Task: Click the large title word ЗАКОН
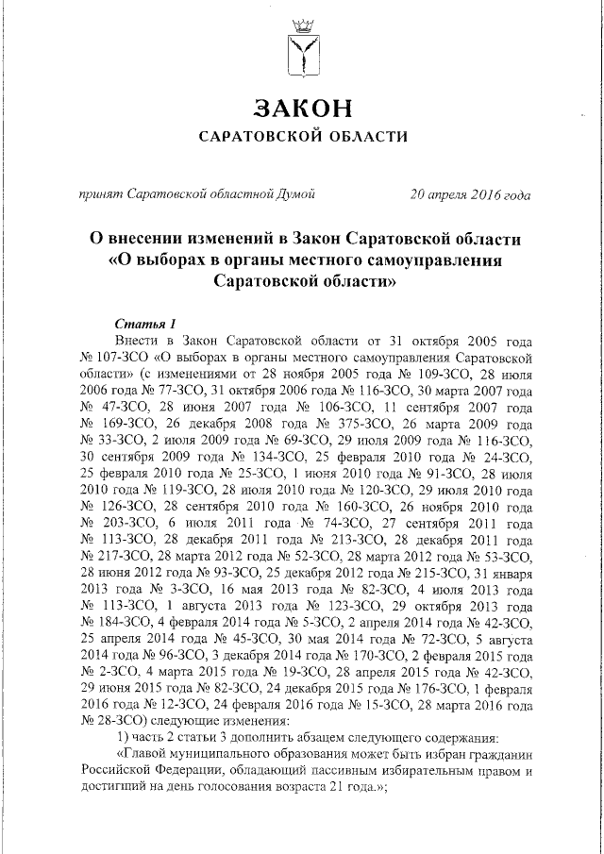pos(303,106)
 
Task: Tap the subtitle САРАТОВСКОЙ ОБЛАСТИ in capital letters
pos(303,137)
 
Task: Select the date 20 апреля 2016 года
pos(470,195)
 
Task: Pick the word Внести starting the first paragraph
pos(136,341)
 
